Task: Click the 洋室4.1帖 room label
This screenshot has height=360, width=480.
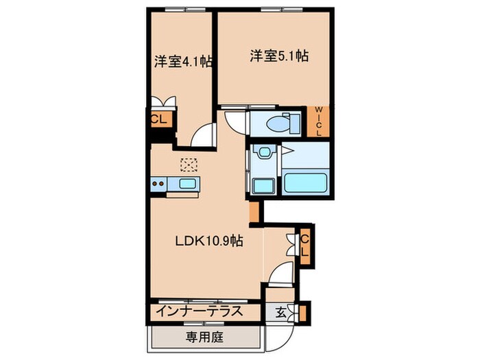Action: [182, 61]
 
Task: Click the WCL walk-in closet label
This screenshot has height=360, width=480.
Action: [319, 121]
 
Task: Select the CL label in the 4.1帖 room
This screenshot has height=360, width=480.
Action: [158, 119]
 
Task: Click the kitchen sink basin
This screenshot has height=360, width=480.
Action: [187, 183]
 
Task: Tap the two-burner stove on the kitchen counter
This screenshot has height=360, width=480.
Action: [160, 183]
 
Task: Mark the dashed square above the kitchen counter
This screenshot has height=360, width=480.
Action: [188, 165]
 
